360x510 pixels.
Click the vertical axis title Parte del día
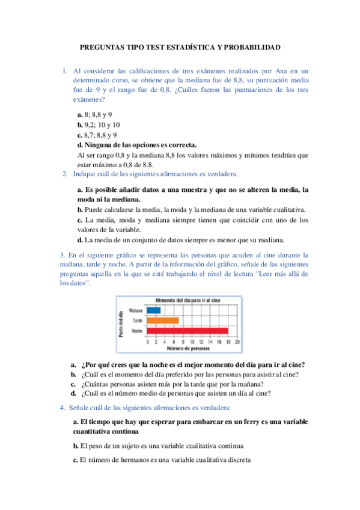(121, 322)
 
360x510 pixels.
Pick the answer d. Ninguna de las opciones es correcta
(137, 145)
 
